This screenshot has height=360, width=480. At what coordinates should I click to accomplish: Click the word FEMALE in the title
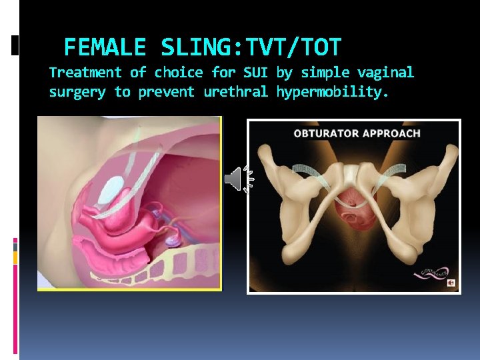pyautogui.click(x=105, y=47)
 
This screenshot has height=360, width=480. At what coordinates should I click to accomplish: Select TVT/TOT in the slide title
pyautogui.click(x=294, y=47)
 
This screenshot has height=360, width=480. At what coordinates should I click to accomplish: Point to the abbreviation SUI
pyautogui.click(x=255, y=72)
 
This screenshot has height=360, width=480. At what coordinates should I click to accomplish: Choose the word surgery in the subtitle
pyautogui.click(x=77, y=92)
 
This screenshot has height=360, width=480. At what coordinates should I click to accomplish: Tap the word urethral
pyautogui.click(x=235, y=92)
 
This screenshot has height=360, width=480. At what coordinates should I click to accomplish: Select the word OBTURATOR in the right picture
pyautogui.click(x=325, y=133)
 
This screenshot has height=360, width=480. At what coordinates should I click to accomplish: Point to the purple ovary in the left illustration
pyautogui.click(x=172, y=237)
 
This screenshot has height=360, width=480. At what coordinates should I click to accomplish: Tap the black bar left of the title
pyautogui.click(x=15, y=45)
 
